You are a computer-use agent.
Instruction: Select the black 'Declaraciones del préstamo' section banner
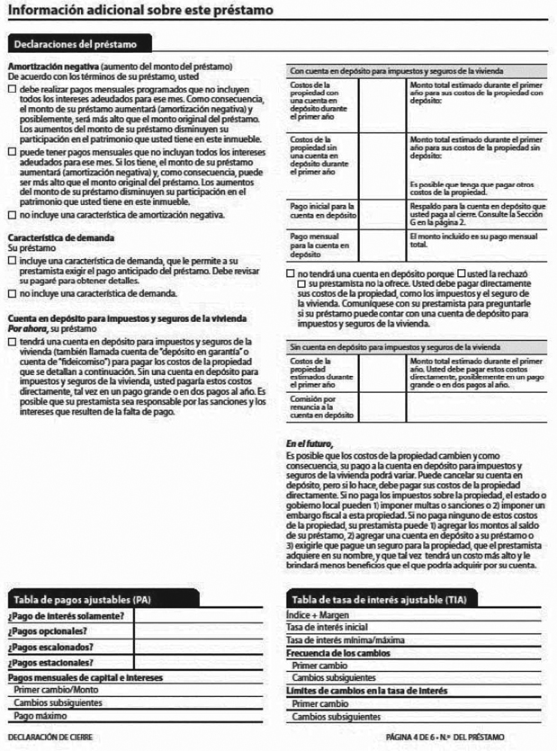point(79,43)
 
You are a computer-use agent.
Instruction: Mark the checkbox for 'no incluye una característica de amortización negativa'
point(12,216)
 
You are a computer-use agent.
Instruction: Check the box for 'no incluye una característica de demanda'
point(12,294)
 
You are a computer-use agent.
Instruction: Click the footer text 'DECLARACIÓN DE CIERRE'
point(49,737)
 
